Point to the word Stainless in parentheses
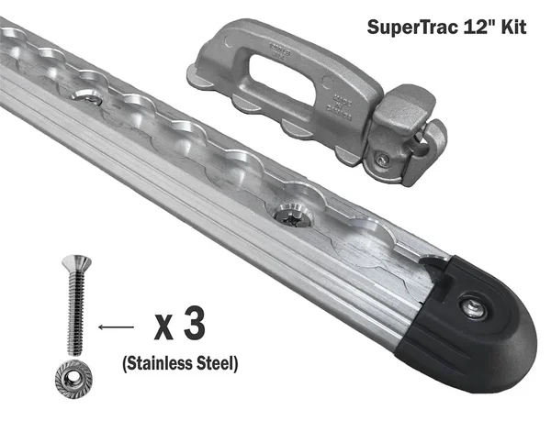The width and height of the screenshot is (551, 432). pyautogui.click(x=160, y=364)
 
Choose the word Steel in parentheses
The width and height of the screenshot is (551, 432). pyautogui.click(x=219, y=364)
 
